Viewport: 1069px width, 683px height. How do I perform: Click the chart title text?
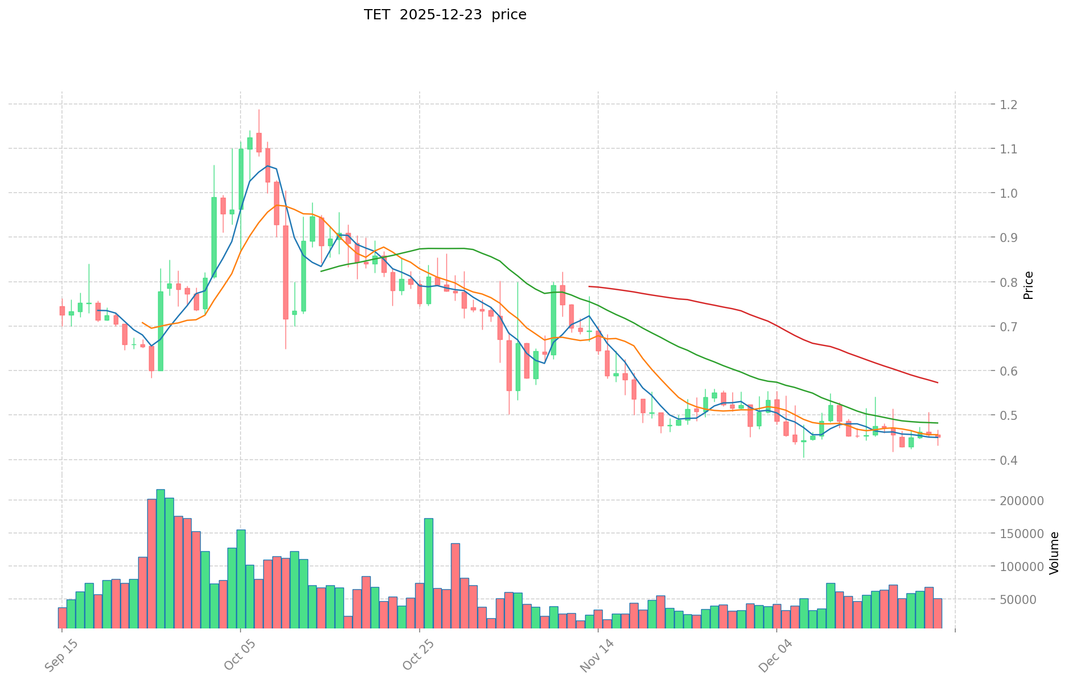pyautogui.click(x=445, y=15)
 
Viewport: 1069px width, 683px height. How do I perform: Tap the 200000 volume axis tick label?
pyautogui.click(x=1025, y=501)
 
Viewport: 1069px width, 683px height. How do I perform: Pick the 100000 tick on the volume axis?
pyautogui.click(x=1025, y=567)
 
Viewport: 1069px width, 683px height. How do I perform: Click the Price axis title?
pyautogui.click(x=1028, y=285)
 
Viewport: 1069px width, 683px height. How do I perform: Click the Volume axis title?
pyautogui.click(x=1054, y=553)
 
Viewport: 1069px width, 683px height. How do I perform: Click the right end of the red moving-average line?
pyautogui.click(x=938, y=382)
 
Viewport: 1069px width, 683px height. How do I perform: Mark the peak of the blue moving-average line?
pyautogui.click(x=267, y=166)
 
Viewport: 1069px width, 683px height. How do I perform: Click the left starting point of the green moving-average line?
pyautogui.click(x=321, y=271)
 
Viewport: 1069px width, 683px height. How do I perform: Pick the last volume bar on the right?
pyautogui.click(x=938, y=613)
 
